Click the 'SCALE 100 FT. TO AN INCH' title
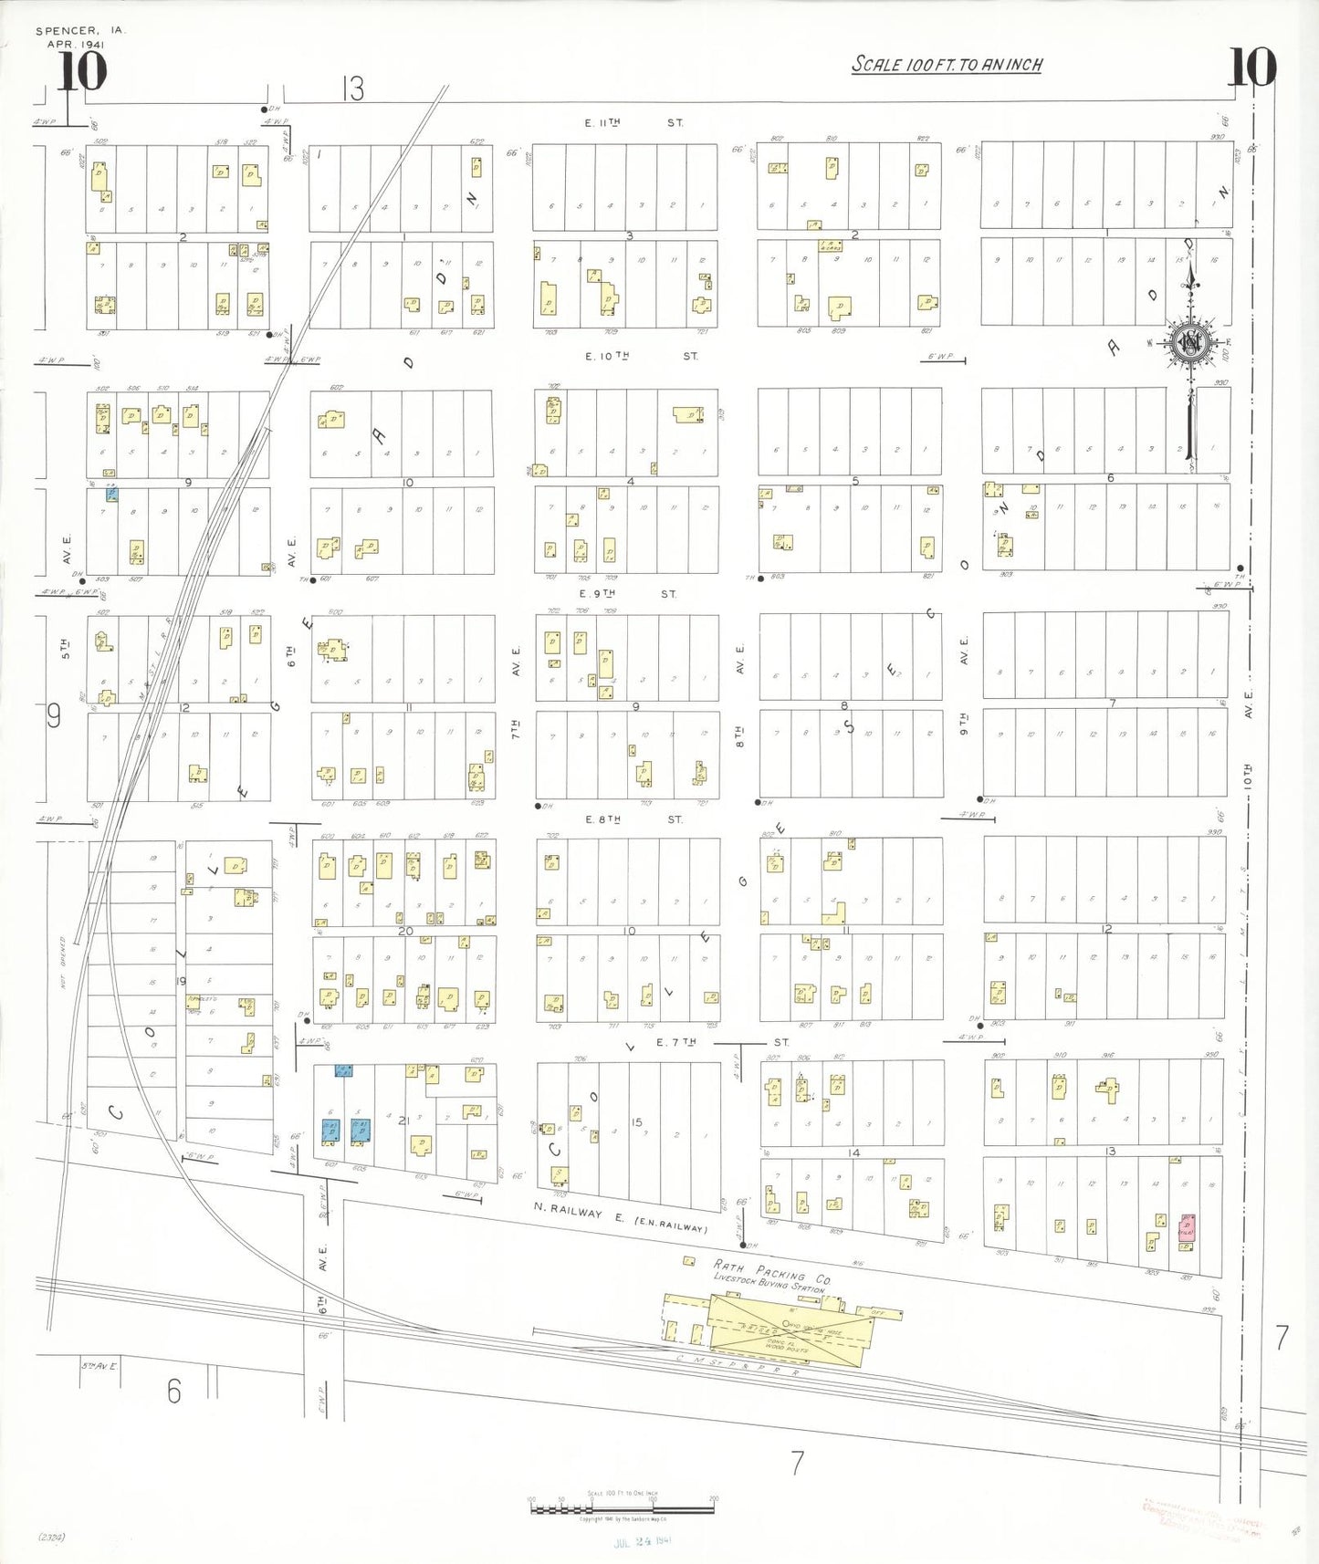click(x=947, y=65)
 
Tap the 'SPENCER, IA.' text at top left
click(x=80, y=31)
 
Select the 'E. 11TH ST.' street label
click(x=633, y=122)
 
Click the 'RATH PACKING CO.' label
click(x=772, y=1271)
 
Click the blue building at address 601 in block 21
click(x=331, y=1131)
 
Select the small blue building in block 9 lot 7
click(x=112, y=495)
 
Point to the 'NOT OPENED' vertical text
click(x=64, y=964)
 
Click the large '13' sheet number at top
click(x=353, y=89)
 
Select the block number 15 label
click(x=636, y=1122)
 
